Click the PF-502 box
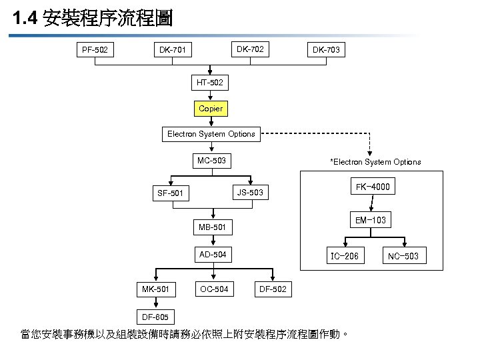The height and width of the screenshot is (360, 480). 95,49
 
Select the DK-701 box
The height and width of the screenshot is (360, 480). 173,49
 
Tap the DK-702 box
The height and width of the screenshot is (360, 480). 250,49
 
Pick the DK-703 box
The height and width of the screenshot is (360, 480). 326,49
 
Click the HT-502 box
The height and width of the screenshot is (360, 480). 211,83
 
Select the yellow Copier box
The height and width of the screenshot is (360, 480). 211,108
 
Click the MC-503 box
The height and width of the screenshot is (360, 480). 211,161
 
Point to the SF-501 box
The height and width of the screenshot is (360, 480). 170,193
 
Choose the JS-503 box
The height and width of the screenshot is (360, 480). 250,193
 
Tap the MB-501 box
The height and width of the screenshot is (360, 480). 213,228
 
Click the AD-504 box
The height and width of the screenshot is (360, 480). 213,254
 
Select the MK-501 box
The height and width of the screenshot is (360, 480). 155,289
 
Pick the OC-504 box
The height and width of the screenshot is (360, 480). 213,289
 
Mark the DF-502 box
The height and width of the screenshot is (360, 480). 271,289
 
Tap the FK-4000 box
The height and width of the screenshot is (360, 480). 373,187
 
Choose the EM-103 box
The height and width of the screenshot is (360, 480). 371,220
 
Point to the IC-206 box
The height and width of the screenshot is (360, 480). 345,256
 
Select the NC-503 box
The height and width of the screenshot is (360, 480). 403,256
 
